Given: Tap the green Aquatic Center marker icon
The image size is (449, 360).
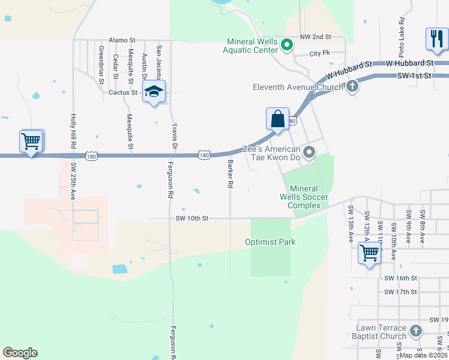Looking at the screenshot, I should click(x=287, y=43).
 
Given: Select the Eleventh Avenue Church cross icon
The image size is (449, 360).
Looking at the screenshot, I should click(x=352, y=86).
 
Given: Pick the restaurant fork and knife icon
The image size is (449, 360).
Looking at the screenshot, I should click(x=435, y=39).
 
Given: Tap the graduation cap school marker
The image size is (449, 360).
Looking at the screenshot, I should click(x=154, y=92).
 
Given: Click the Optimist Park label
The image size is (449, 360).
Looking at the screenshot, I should click(x=270, y=242).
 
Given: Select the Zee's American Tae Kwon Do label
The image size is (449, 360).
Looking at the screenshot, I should click(x=271, y=154).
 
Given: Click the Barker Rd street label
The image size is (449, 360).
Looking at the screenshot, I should click(x=229, y=173).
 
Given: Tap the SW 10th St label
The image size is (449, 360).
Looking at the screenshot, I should click(x=192, y=219).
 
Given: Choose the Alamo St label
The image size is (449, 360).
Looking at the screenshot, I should click(x=122, y=40).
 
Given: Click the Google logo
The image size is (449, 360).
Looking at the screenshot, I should click(x=20, y=353).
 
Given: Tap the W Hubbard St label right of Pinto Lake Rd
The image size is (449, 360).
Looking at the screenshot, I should click(x=410, y=62).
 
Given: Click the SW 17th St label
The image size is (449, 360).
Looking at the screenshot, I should click(x=401, y=292).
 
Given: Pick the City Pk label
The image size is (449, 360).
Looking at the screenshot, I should click(x=320, y=53).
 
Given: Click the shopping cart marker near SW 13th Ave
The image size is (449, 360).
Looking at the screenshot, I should click(x=369, y=251).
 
